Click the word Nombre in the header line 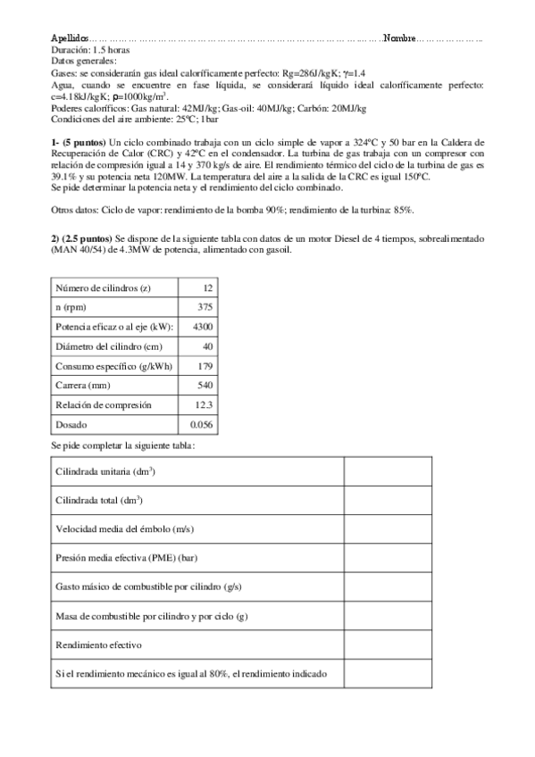[399, 40]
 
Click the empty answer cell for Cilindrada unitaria [388, 470]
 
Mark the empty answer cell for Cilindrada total [388, 500]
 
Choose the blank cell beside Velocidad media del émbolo [388, 528]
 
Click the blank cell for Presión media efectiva [388, 558]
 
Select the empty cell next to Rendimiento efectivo [388, 645]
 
